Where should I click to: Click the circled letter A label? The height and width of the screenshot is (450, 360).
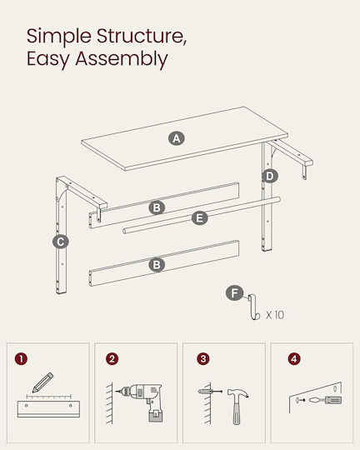[x=177, y=138]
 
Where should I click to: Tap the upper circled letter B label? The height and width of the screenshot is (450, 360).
[x=157, y=207]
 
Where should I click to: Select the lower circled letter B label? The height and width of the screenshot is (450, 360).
[x=157, y=264]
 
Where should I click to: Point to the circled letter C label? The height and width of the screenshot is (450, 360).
[x=61, y=242]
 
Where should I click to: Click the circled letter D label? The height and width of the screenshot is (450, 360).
[x=269, y=176]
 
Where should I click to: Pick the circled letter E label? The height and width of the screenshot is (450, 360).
[x=199, y=217]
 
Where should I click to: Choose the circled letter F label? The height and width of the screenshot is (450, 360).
[x=234, y=293]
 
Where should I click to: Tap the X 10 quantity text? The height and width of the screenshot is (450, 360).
[x=275, y=315]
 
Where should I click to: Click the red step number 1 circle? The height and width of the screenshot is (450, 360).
[x=21, y=358]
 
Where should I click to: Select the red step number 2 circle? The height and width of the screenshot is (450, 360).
[x=112, y=358]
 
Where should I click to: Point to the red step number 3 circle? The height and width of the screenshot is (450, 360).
[x=203, y=358]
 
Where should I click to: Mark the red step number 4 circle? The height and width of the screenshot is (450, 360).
[x=294, y=358]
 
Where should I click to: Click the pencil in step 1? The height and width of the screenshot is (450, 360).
[x=42, y=382]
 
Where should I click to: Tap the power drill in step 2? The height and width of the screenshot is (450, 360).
[x=141, y=402]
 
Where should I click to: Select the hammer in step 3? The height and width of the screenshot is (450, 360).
[x=237, y=406]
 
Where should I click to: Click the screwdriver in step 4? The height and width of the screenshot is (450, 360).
[x=326, y=400]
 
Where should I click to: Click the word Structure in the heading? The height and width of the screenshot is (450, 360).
[x=141, y=36]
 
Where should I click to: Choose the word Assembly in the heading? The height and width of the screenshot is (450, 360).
[x=122, y=59]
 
